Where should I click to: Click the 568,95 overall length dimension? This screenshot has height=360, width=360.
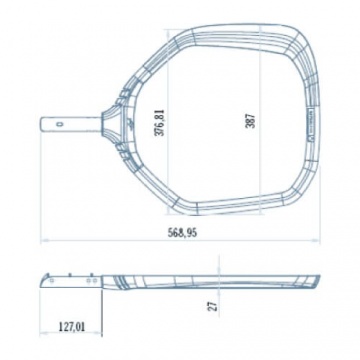tap(182, 232)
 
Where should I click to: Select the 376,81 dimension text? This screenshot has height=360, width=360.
tap(161, 122)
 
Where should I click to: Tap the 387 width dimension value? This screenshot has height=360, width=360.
tap(251, 121)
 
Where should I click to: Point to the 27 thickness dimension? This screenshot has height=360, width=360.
tap(214, 306)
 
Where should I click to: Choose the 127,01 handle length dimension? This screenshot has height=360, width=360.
tap(72, 326)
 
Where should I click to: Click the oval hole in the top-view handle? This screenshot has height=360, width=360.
tap(60, 125)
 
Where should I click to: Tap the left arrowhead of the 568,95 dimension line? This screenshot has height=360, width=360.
tap(43, 240)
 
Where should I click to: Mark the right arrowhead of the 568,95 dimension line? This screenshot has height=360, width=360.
tap(317, 240)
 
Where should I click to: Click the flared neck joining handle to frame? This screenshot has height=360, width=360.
tap(111, 123)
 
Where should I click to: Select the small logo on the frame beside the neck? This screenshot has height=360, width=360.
tap(132, 125)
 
